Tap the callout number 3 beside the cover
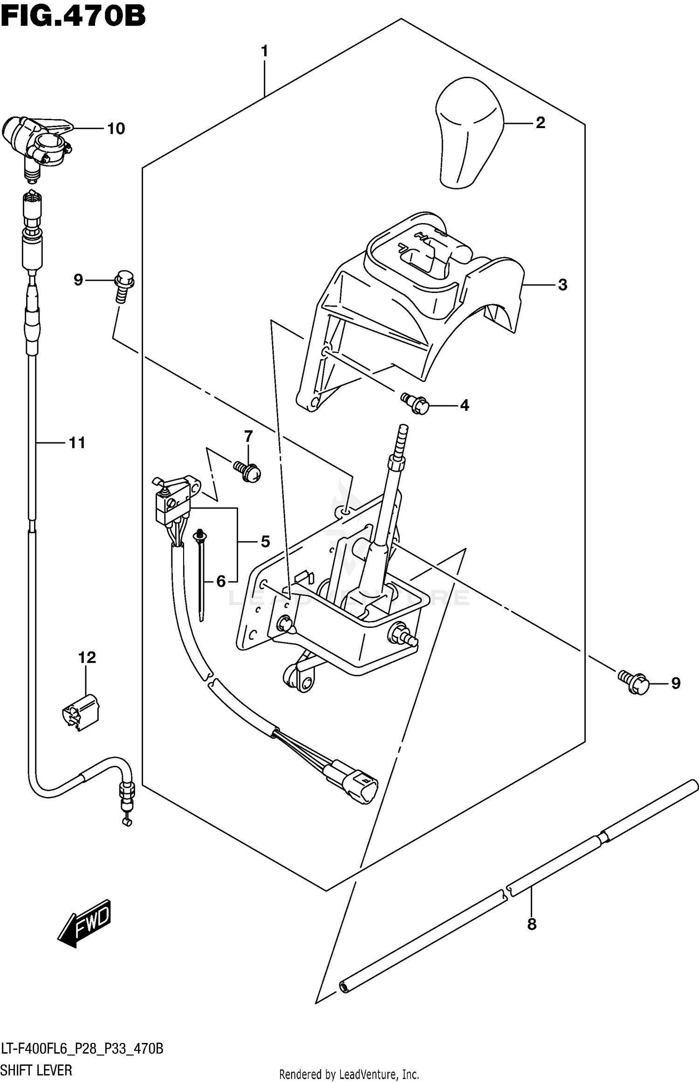562,285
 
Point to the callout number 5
265,541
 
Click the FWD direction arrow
85,923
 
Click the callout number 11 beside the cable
77,443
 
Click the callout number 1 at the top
264,51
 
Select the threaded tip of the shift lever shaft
402,438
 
